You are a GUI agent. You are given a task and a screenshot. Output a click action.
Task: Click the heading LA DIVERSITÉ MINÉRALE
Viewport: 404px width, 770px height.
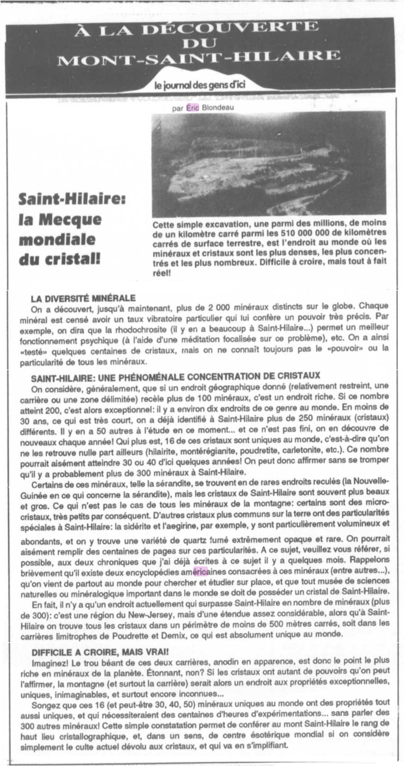[84, 298]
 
